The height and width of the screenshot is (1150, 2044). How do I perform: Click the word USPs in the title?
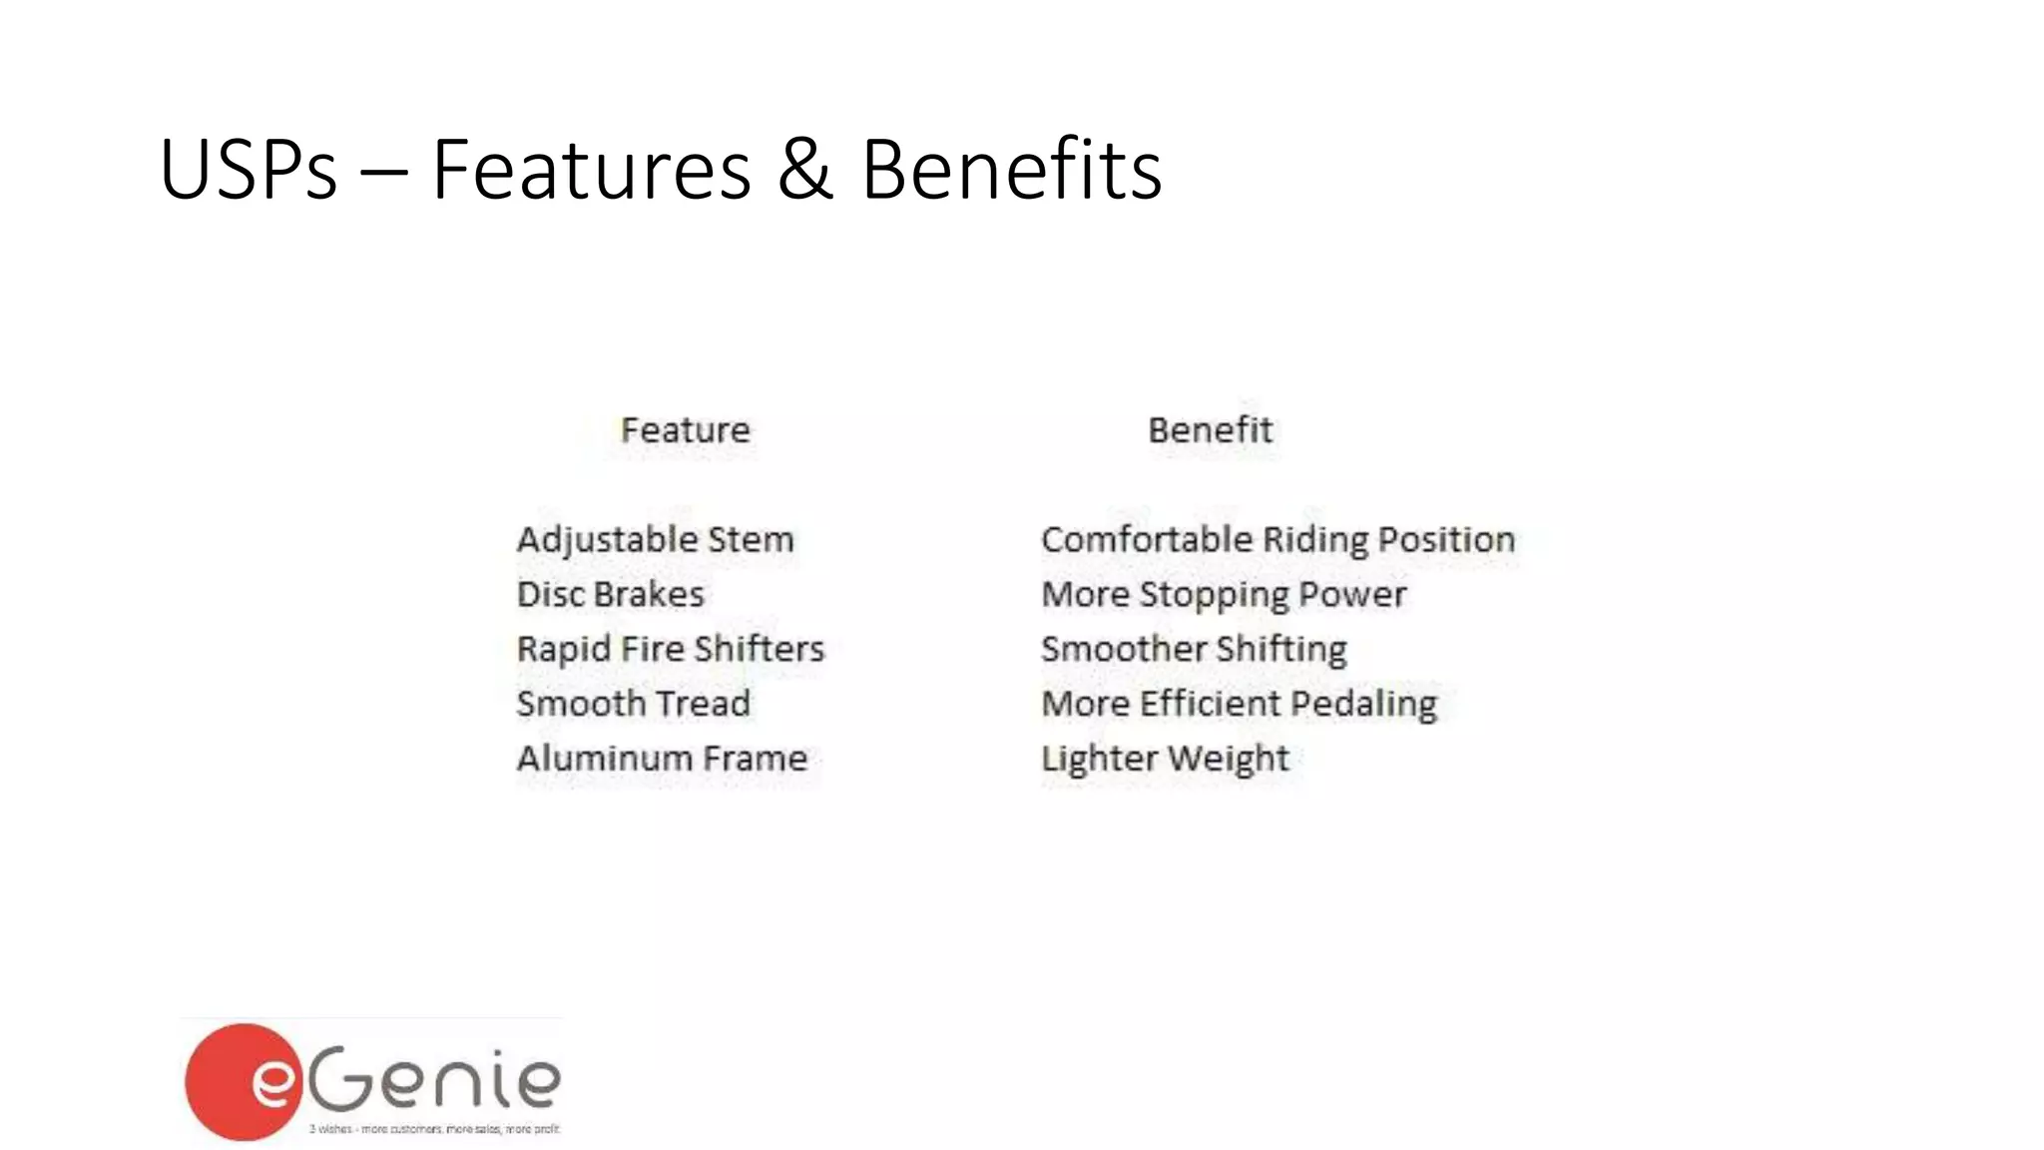click(x=248, y=170)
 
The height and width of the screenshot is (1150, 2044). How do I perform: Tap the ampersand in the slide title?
click(x=804, y=170)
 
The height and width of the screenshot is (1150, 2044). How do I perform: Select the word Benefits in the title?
click(x=1011, y=170)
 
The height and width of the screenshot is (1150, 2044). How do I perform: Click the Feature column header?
click(x=685, y=430)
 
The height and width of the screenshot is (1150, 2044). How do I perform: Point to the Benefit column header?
click(x=1210, y=430)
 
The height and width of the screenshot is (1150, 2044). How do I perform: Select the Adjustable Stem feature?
click(x=655, y=540)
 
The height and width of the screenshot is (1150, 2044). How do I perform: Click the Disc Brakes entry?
click(x=610, y=594)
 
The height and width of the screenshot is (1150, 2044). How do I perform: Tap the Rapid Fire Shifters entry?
click(x=670, y=649)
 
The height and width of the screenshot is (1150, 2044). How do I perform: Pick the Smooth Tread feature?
click(x=633, y=704)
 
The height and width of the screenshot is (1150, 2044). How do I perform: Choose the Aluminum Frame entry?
click(x=661, y=759)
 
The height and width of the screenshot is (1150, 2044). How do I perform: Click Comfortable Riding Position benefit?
click(x=1277, y=540)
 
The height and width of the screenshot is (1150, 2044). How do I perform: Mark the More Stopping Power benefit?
click(x=1224, y=595)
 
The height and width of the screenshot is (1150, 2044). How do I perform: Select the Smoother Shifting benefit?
click(x=1194, y=649)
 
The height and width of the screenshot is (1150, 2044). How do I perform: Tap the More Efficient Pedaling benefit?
click(x=1239, y=704)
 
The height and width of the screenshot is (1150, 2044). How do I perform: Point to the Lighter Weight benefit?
click(x=1165, y=759)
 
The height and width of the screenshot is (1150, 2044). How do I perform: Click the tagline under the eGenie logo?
click(x=434, y=1129)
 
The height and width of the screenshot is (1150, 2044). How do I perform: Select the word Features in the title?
click(x=591, y=170)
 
